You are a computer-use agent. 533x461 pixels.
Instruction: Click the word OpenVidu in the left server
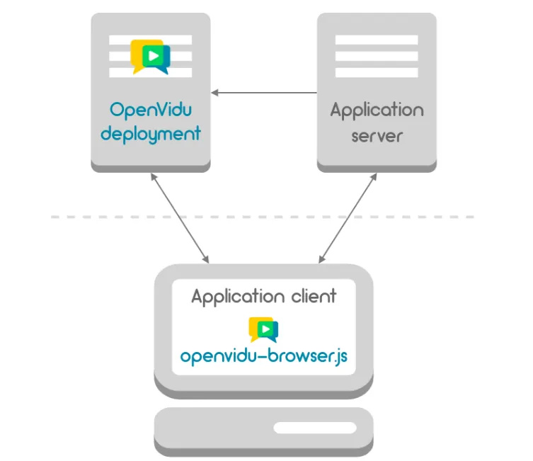point(151,110)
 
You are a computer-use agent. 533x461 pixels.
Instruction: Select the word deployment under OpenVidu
point(151,133)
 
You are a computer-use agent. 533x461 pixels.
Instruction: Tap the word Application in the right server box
point(377,111)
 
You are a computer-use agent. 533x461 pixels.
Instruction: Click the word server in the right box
point(377,135)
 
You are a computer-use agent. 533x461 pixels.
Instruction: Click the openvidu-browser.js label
point(263,355)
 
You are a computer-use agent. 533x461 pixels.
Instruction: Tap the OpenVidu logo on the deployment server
point(151,57)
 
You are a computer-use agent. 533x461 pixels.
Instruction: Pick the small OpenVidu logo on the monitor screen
point(263,329)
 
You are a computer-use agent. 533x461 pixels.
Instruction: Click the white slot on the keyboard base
point(316,428)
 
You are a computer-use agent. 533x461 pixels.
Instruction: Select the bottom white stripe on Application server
point(377,72)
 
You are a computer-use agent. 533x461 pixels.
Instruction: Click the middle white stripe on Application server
point(377,57)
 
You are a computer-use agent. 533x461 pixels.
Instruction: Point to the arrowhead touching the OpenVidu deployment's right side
point(215,93)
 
